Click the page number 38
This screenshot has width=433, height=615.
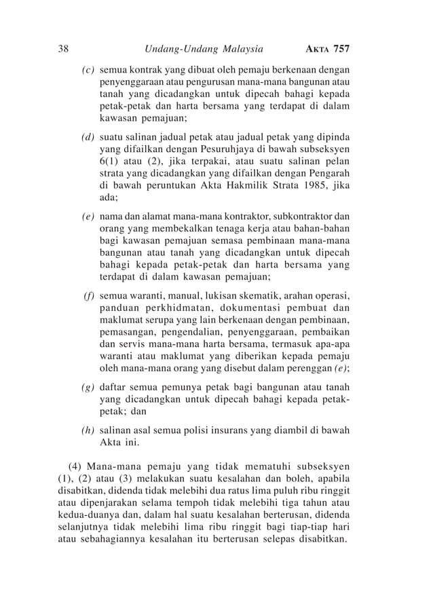[64, 49]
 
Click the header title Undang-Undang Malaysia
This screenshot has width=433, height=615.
[204, 49]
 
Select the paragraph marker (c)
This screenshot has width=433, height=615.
[88, 69]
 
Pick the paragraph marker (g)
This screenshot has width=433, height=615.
[88, 387]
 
